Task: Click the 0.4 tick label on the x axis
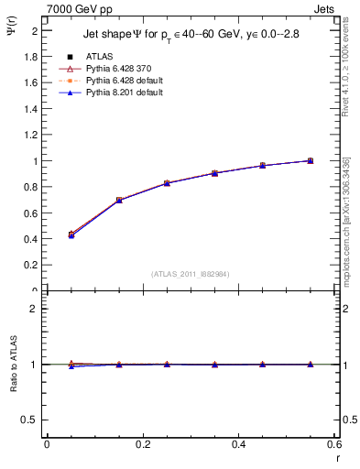[239, 443]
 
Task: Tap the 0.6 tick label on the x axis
[334, 443]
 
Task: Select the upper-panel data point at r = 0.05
[71, 234]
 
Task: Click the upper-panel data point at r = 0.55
[310, 160]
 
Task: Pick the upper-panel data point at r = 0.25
[167, 183]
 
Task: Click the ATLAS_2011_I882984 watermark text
[191, 274]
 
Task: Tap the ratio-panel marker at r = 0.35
[214, 365]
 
